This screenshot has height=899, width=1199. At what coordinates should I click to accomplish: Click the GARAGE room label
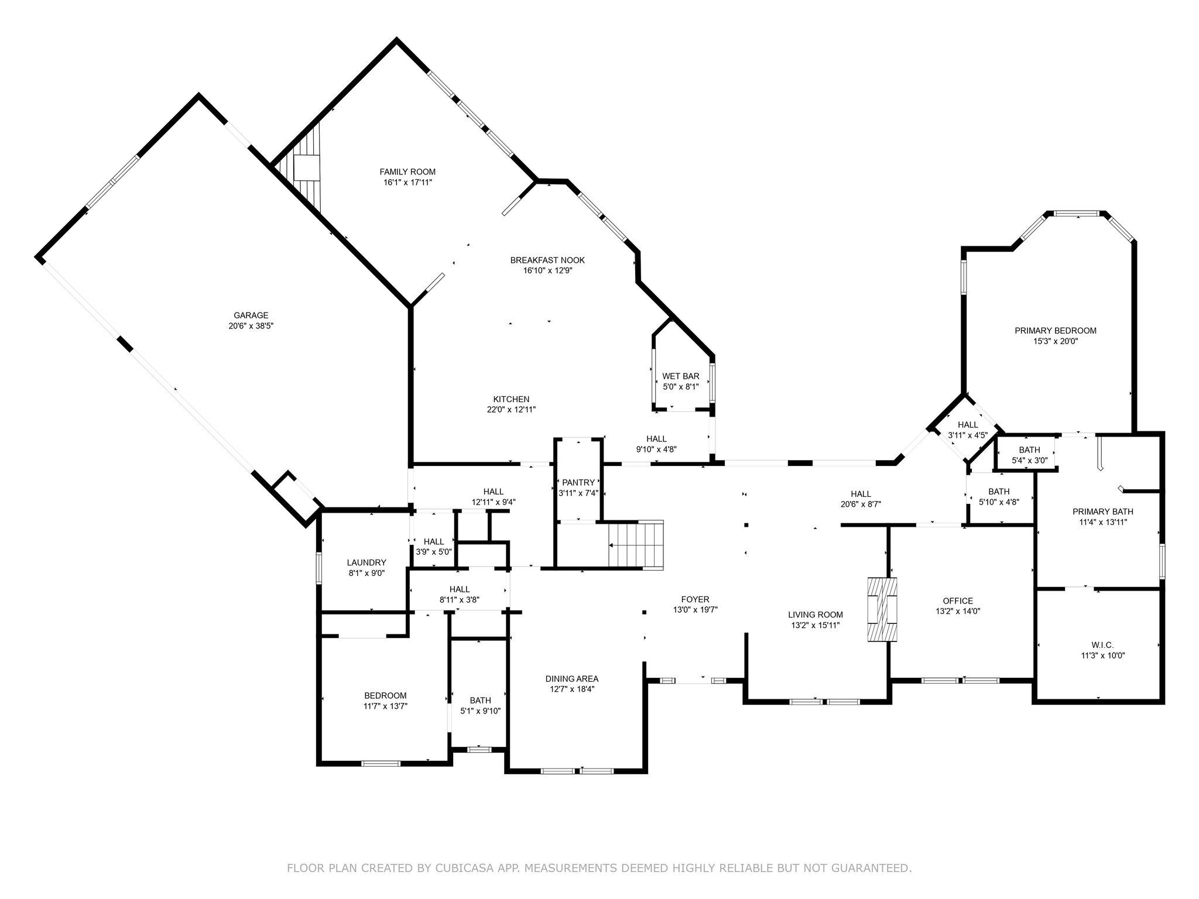pos(251,315)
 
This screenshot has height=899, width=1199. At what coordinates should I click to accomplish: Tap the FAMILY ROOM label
pos(407,171)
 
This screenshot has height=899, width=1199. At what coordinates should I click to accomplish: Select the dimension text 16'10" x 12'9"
pos(547,270)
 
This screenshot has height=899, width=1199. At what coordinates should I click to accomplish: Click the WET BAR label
pos(680,376)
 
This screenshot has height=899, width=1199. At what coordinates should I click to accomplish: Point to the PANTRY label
pos(578,482)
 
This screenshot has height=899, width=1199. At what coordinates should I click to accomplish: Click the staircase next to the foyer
pos(636,545)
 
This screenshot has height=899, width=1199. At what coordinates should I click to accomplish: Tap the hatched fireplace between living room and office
pos(882,610)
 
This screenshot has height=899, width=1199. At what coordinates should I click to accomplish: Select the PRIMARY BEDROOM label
pos(1055,331)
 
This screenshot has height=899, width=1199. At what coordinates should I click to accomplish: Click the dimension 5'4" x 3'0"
pos(1029,461)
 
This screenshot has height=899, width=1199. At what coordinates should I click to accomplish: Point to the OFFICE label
pos(958,601)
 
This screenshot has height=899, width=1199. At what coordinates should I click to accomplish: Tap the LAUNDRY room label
pos(366,562)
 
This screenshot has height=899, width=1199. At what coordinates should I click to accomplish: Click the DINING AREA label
pos(571,679)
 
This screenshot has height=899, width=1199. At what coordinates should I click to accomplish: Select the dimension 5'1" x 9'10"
pos(480,711)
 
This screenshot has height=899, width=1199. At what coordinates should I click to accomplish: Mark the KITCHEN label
pos(511,399)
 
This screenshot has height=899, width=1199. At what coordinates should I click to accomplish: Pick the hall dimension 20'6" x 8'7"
pos(861,503)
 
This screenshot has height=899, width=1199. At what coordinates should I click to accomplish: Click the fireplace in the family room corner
pos(306,167)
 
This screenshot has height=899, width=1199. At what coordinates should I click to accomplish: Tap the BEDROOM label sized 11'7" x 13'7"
pos(385,695)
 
